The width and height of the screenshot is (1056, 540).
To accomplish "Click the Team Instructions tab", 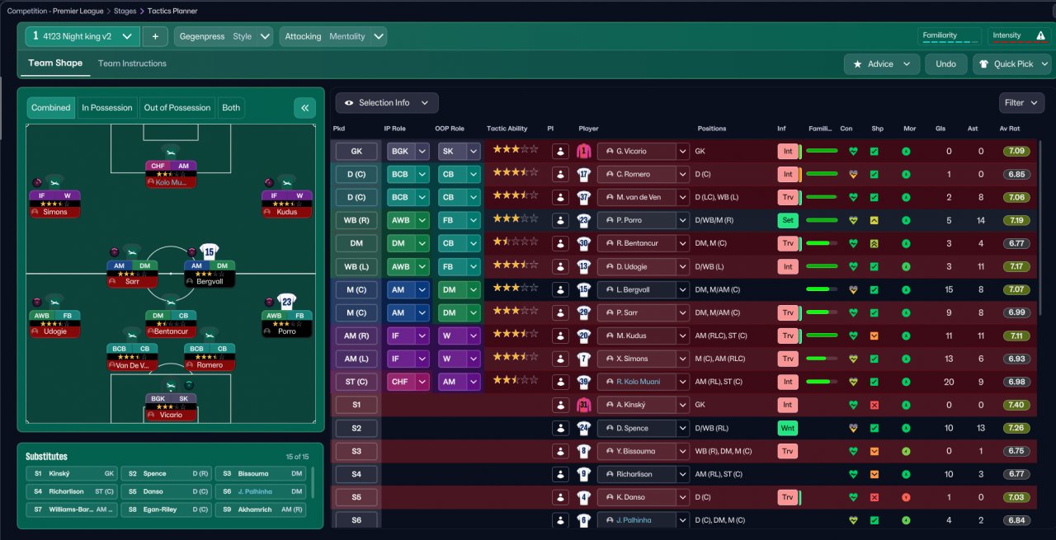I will (x=132, y=63).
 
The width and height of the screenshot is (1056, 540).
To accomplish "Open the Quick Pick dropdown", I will (x=1012, y=64).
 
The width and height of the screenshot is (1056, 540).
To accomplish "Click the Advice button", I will (x=881, y=64).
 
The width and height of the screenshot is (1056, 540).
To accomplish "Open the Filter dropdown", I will (x=1021, y=103).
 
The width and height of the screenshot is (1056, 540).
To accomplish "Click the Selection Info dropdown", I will (x=386, y=103).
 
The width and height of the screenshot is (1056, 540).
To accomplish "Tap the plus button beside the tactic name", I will (x=155, y=36).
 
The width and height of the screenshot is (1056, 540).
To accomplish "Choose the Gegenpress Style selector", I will (x=224, y=36).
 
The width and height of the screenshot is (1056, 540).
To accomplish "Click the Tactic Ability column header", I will (x=507, y=129).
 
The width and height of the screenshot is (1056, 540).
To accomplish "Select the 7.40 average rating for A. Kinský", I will (x=1016, y=405).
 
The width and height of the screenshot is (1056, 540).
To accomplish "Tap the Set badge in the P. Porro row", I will (x=788, y=221).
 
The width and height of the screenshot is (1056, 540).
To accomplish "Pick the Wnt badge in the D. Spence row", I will (x=788, y=429).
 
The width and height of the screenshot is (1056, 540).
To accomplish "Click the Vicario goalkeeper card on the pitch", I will (x=171, y=406).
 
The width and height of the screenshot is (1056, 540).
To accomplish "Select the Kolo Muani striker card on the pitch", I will (x=171, y=174).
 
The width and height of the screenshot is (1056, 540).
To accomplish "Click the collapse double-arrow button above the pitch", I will (x=304, y=108).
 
